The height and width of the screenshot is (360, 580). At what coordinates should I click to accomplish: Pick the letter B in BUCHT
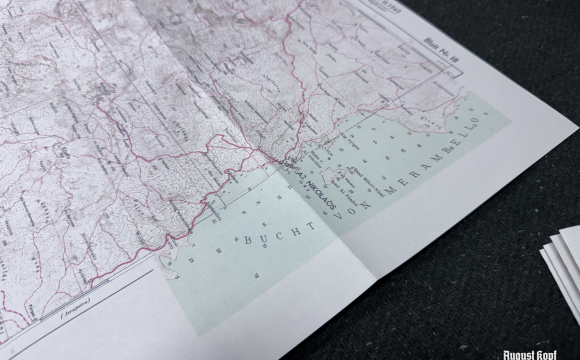pyautogui.click(x=244, y=241)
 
